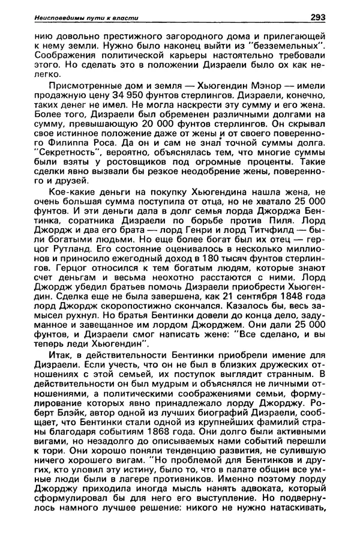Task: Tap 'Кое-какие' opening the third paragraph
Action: (56, 205)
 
